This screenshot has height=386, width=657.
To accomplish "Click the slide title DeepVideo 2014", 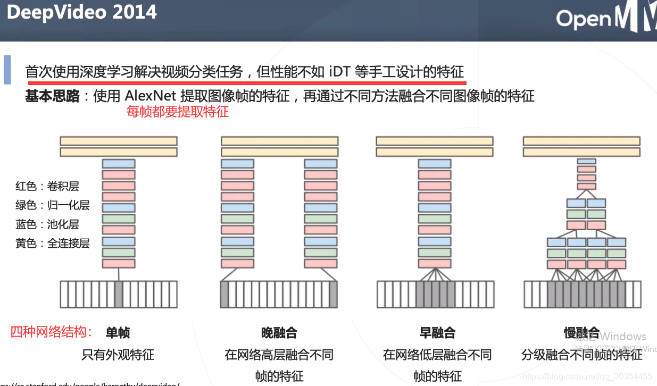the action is [81, 12].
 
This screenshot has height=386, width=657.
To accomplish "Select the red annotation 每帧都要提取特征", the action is [178, 112].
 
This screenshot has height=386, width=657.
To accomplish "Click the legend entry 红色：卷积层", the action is [47, 186].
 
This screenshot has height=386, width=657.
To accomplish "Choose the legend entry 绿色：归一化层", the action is [53, 205].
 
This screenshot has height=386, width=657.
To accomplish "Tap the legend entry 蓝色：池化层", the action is [47, 224].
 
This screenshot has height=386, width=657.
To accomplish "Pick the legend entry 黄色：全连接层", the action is [53, 244].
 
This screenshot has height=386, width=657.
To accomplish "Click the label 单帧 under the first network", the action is [118, 333].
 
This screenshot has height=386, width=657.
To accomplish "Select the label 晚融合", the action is [279, 333].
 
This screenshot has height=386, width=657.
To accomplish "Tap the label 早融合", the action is [437, 333].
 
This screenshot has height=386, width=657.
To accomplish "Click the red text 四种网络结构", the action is [52, 332].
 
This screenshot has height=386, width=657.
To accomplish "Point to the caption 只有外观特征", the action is [118, 355].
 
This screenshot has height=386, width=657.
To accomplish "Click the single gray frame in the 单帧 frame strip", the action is [119, 294].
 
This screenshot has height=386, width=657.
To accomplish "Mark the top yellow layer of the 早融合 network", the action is [435, 141].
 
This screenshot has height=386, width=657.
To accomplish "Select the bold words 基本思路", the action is [52, 96].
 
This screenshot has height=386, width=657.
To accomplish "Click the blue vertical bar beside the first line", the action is [7, 69].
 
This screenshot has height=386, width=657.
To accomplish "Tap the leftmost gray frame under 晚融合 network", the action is [224, 294].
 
